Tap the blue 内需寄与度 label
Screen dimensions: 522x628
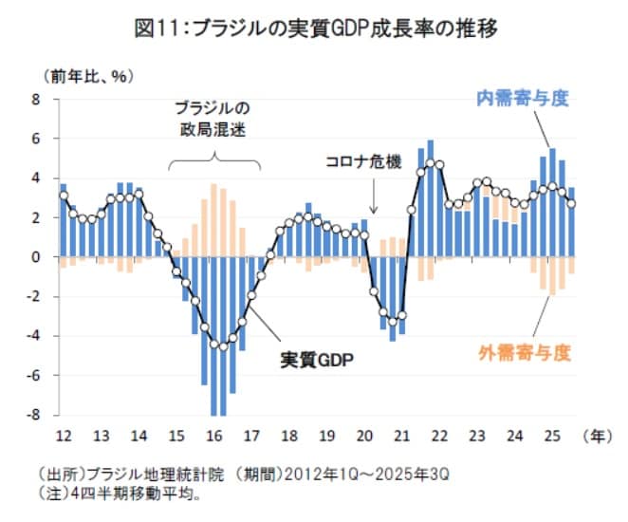click(522, 98)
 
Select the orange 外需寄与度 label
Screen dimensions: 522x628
click(524, 353)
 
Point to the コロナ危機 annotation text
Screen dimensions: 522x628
click(365, 162)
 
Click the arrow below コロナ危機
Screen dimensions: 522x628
click(374, 196)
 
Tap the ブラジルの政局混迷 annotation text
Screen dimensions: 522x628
click(213, 119)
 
